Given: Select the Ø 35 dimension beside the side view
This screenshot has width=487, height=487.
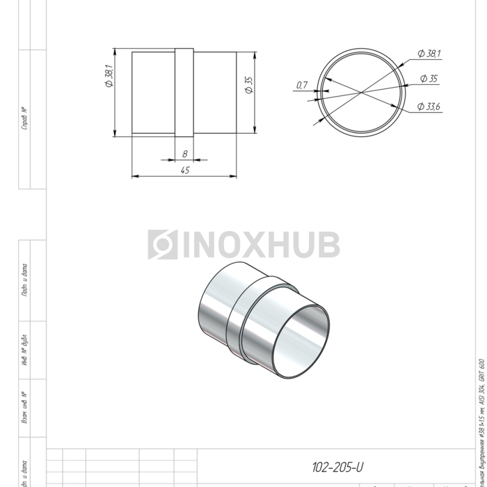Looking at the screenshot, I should point(248,86).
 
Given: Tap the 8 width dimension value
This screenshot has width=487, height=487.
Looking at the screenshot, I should point(184,153).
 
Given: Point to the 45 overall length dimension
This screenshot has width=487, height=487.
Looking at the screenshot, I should point(184,170).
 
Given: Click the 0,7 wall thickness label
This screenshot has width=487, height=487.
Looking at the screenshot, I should point(301,85).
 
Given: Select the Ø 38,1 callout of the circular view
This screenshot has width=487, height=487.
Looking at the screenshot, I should point(429,54).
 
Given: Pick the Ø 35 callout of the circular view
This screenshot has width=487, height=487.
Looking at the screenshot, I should point(429,79).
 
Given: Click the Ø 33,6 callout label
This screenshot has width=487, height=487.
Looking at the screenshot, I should point(429,106).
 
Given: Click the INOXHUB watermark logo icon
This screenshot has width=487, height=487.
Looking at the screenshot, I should point(162,244).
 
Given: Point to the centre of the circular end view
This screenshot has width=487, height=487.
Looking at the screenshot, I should point(360,92).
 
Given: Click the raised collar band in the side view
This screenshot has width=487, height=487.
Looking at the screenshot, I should point(184,93).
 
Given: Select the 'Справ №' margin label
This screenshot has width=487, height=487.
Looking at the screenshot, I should point(24,119).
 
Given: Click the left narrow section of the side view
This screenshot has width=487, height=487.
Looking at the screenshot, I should point(153,93).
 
